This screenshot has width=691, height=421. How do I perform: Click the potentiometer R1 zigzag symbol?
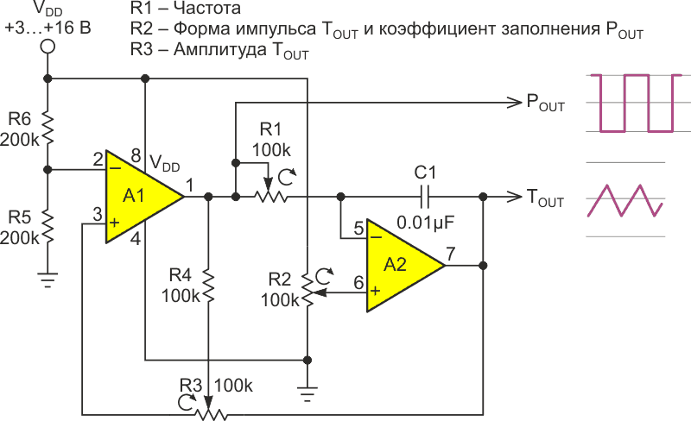[x=269, y=197]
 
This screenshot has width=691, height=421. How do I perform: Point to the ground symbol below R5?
[x=48, y=278]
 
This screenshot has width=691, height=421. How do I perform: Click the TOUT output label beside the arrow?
[x=545, y=198]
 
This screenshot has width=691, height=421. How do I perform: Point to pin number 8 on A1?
[x=136, y=155]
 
